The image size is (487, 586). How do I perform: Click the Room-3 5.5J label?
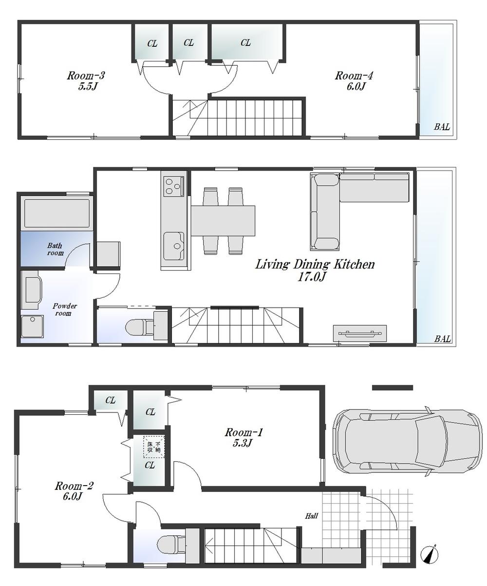coord(86,81)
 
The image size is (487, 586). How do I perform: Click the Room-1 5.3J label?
coord(243,437)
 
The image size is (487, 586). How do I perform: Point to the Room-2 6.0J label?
coord(74,491)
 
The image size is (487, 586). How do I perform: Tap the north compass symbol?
coord(430,554)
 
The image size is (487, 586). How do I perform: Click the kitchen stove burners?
coord(173,186)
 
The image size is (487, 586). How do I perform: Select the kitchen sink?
coord(174,245)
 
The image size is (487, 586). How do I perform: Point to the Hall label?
coord(312,515)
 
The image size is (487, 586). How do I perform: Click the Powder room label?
coord(65,309)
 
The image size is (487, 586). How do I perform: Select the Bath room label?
coord(55,249)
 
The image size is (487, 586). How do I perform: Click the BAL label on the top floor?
coord(442,127)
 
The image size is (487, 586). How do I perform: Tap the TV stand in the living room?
coord(360,333)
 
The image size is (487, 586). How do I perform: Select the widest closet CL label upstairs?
coord(246,43)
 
